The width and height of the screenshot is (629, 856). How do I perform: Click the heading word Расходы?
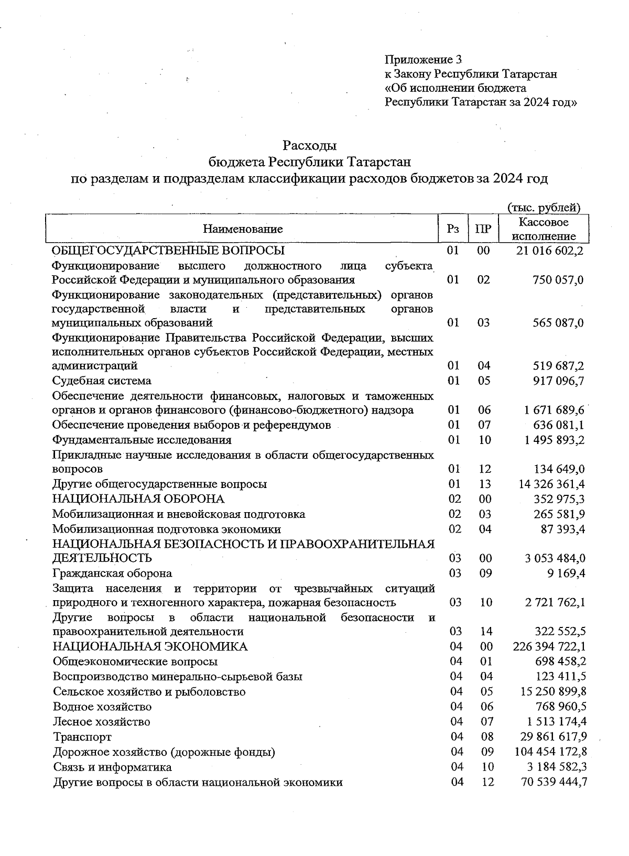tap(309, 144)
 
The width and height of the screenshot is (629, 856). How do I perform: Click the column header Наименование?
tap(243, 229)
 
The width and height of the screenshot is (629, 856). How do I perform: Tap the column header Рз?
tap(453, 229)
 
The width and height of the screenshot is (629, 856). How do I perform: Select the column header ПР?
tap(483, 229)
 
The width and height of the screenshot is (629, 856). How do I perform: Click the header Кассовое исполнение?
tap(543, 229)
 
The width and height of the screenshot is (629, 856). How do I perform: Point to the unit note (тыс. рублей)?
tap(544, 208)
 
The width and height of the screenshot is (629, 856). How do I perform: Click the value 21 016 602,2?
tap(549, 251)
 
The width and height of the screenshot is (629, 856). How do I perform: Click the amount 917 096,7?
tap(558, 381)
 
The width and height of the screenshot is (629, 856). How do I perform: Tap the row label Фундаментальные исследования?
tap(142, 440)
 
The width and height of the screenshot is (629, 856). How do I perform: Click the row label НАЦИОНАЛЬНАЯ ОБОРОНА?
tap(138, 499)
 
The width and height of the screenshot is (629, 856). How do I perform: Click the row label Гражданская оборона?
tap(112, 573)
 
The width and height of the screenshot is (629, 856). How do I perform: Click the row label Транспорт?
tap(82, 737)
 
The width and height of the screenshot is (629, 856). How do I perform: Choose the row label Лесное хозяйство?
tap(102, 722)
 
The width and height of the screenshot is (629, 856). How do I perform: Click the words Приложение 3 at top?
tap(423, 59)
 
